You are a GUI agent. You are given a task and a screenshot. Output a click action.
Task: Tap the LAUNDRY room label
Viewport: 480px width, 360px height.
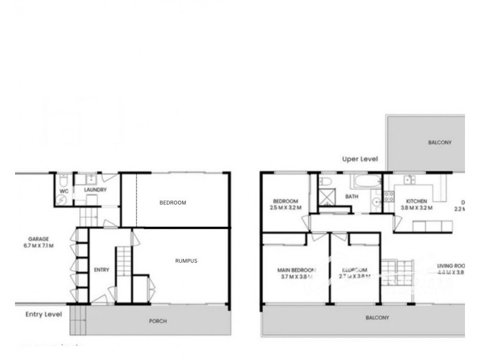coord(95,190)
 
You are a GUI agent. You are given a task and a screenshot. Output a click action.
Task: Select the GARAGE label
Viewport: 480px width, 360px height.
coord(38,238)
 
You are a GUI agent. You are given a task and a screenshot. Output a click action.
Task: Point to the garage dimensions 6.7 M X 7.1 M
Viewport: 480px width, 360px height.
coord(38,246)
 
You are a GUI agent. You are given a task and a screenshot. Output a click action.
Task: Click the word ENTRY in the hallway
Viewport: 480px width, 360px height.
coord(101,270)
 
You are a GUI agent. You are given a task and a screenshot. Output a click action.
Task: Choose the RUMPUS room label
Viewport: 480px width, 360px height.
coord(186,261)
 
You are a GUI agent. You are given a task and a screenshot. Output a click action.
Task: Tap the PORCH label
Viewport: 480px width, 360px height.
coord(158,321)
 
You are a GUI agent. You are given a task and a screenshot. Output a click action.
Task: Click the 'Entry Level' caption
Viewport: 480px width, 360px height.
coord(44,314)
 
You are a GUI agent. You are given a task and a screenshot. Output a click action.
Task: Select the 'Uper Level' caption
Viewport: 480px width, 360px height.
coord(359,159)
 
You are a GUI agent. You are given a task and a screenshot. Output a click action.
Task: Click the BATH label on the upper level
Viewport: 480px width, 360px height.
coord(352,196)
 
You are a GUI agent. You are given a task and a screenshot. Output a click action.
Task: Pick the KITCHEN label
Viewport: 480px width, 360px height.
coord(416,202)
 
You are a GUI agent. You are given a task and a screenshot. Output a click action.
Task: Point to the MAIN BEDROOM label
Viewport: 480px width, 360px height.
coord(296,270)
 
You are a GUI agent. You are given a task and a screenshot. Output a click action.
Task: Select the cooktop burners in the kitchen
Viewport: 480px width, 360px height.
coord(389,197)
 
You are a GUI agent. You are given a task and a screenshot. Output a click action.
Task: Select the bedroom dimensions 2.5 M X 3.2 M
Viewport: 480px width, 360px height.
coord(286,208)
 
